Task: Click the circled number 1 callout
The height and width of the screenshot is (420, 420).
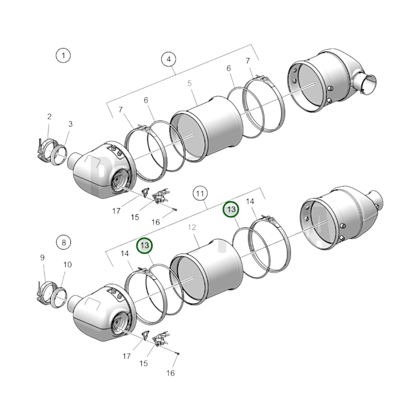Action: point(63,55)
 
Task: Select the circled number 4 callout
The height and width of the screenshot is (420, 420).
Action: point(169,59)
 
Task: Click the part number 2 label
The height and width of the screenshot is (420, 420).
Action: point(49,117)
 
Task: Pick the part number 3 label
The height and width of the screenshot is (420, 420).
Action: point(70,124)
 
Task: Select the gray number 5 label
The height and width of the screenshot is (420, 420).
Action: point(189,84)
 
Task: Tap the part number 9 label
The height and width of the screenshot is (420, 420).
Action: point(42,258)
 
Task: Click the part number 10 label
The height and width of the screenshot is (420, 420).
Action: point(67,265)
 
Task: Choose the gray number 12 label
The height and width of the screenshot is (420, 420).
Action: point(192,227)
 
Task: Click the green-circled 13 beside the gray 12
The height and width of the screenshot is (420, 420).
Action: point(144,246)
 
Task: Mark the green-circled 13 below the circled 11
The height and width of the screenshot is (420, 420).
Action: point(231,210)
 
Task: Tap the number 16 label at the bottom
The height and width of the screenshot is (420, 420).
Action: point(171,373)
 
